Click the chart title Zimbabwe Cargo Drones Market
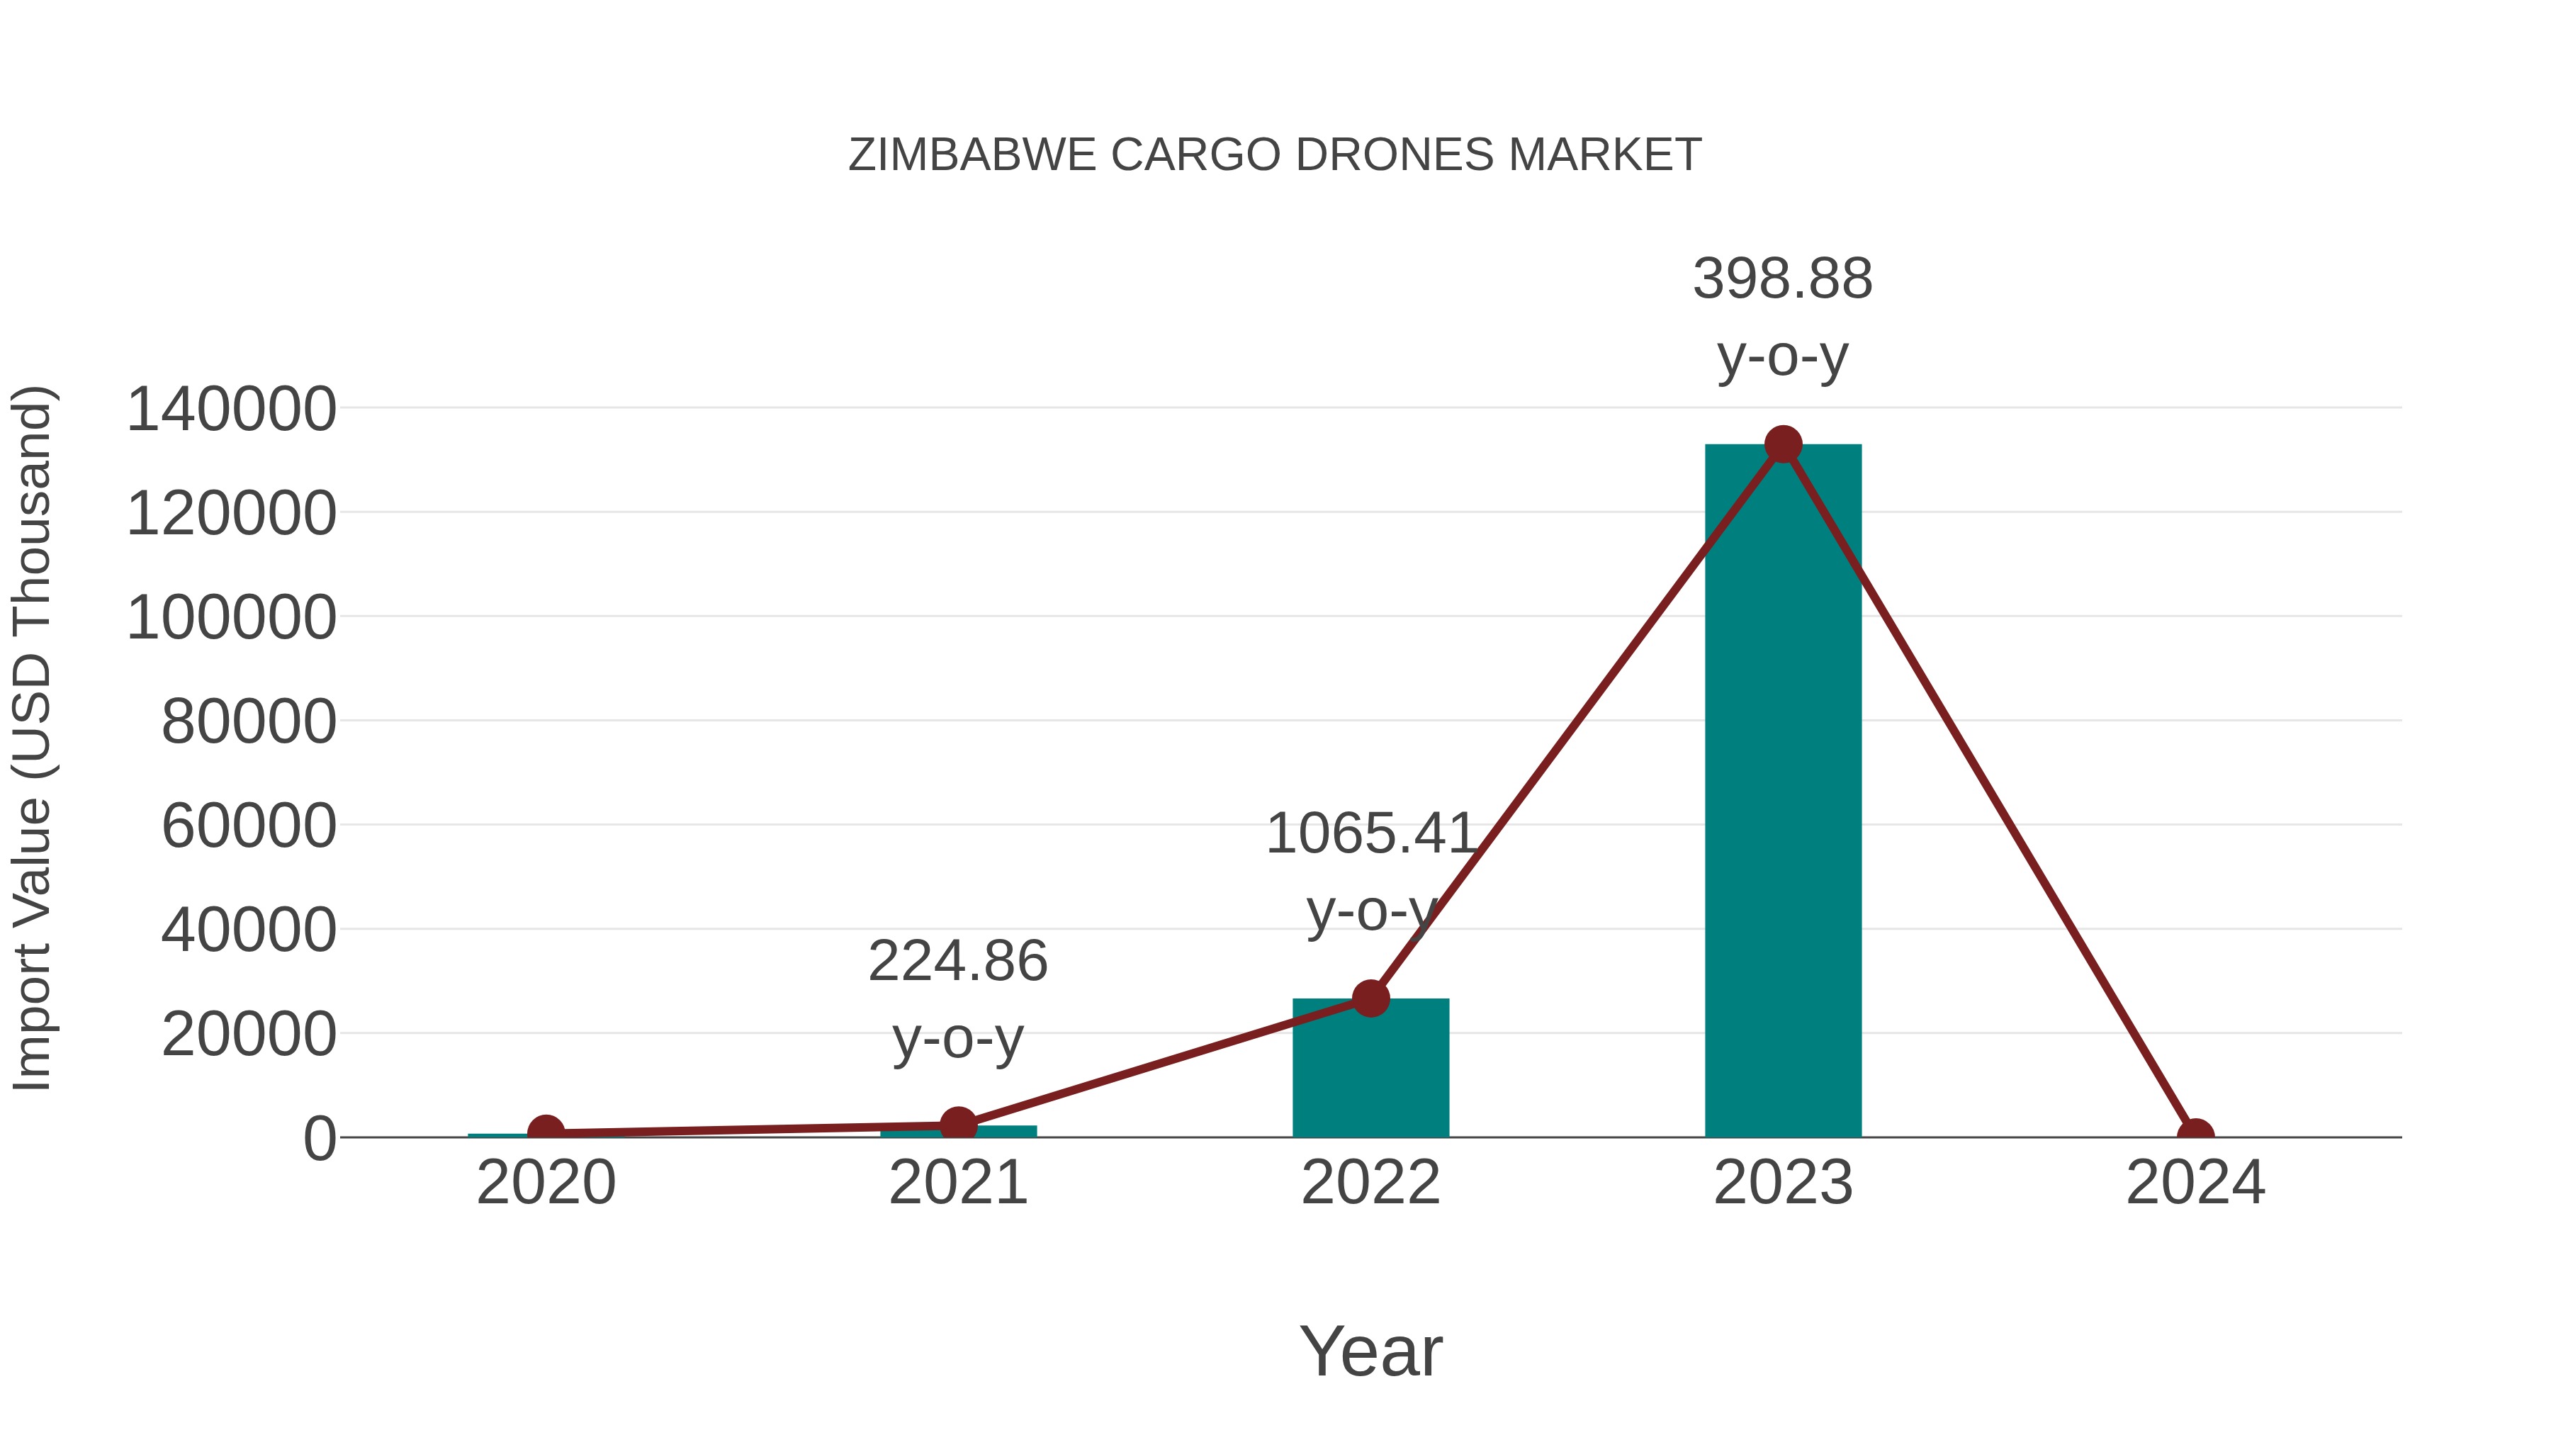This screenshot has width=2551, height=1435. click(1275, 155)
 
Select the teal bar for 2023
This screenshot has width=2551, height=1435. click(1783, 792)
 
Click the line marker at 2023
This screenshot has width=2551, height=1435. click(1783, 444)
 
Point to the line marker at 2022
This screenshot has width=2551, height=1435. click(1370, 998)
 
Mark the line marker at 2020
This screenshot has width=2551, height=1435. click(546, 1132)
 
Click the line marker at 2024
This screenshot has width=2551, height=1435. click(2195, 1136)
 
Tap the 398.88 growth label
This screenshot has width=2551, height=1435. click(1783, 279)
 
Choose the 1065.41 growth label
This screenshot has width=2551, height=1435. click(1370, 834)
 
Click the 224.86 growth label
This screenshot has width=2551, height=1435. click(957, 962)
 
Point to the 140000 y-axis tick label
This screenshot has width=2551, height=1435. click(232, 410)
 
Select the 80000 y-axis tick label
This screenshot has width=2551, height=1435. click(249, 722)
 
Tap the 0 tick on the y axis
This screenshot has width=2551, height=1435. click(320, 1139)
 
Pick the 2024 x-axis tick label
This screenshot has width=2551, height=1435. click(2195, 1183)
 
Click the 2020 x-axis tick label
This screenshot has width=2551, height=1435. click(546, 1183)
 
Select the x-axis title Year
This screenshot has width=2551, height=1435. click(1370, 1352)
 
